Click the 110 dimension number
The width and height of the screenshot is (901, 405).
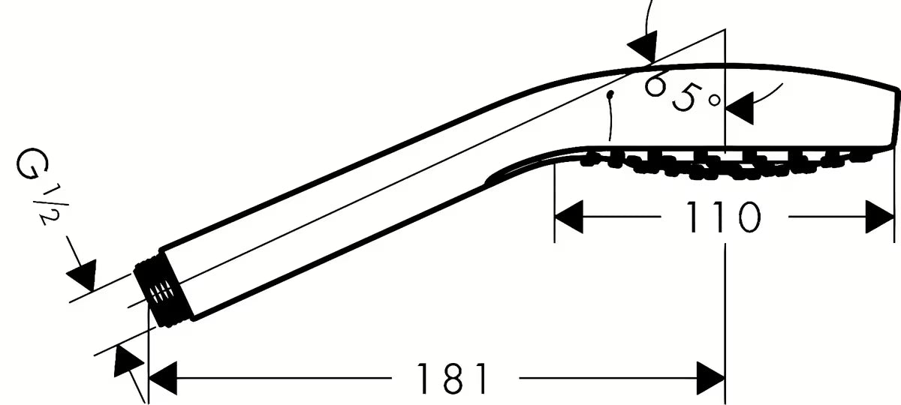723,217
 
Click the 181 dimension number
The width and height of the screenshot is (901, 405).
453,379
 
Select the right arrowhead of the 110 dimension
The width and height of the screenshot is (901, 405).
880,217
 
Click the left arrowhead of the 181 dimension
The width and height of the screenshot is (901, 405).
163,378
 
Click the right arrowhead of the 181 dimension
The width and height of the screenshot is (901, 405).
711,378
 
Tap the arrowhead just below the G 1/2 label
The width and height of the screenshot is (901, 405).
83,274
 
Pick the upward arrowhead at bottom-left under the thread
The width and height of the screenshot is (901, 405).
127,361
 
